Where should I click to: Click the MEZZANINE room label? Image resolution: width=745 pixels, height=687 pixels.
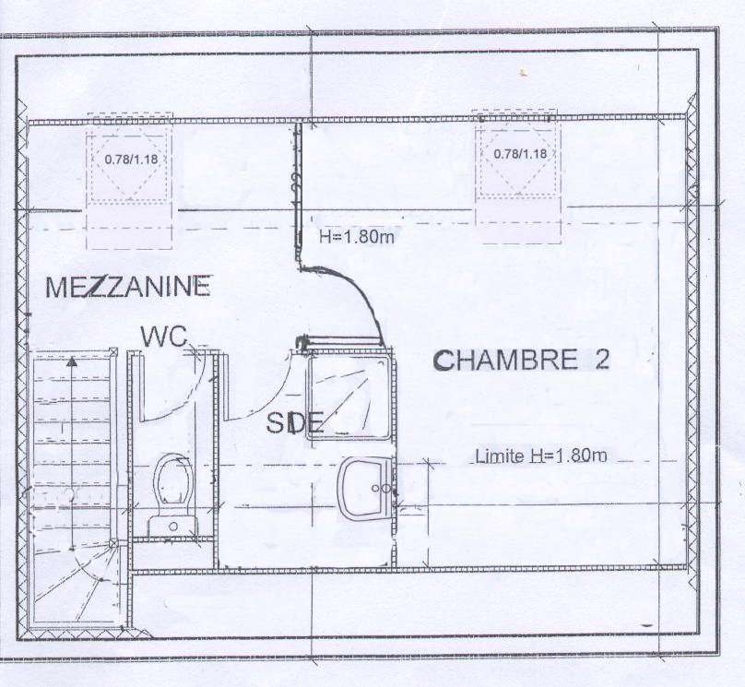[128, 287]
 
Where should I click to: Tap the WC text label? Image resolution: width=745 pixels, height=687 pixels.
[164, 337]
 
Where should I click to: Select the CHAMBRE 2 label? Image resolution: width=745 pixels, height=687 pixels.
[521, 361]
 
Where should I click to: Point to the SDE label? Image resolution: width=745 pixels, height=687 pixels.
[294, 422]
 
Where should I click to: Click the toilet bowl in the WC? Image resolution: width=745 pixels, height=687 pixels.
[173, 480]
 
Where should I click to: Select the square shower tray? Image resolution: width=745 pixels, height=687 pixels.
[350, 397]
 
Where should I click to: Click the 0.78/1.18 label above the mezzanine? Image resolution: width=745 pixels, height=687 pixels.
[131, 159]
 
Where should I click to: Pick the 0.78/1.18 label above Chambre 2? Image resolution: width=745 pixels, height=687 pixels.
[520, 154]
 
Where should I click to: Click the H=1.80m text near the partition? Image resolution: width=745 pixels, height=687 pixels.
[356, 237]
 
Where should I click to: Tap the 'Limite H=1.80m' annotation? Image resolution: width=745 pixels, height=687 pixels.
[541, 456]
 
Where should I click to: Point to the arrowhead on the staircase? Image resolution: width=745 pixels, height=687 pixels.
[72, 361]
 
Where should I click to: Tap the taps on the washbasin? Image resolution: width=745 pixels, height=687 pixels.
[382, 488]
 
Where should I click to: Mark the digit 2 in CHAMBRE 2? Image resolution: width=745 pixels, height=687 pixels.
[601, 361]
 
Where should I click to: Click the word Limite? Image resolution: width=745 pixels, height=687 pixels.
[500, 456]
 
